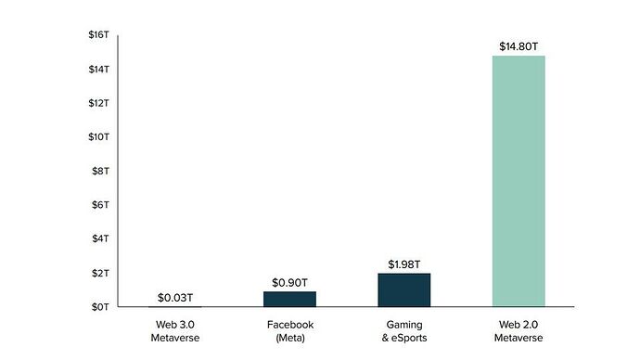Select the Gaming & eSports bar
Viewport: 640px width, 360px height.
point(403,289)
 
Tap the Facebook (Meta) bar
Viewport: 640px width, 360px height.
point(289,299)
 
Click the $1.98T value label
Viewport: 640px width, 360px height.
point(403,264)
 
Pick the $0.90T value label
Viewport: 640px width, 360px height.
point(289,281)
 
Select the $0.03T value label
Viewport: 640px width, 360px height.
point(174,297)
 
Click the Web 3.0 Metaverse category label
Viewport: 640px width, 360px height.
point(174,330)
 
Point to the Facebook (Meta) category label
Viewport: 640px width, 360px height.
point(289,330)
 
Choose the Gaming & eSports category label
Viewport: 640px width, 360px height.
point(403,330)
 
